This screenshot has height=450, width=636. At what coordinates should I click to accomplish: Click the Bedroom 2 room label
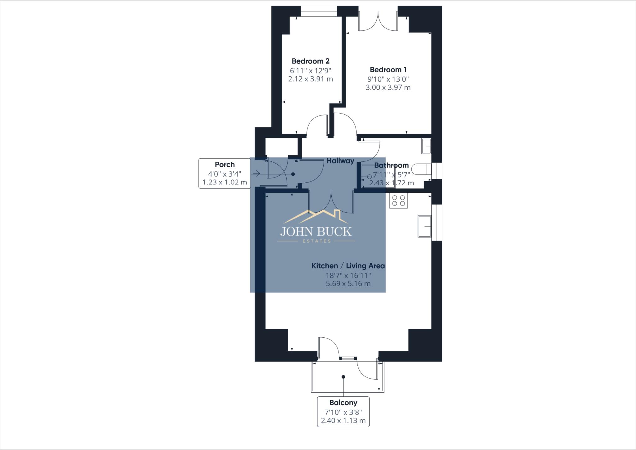[310, 61]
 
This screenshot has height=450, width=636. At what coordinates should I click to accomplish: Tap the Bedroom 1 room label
[388, 70]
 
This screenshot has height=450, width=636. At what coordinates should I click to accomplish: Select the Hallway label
[340, 161]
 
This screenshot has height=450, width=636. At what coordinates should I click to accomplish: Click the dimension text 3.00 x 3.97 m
[388, 88]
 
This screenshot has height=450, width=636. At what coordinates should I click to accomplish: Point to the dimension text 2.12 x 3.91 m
[310, 79]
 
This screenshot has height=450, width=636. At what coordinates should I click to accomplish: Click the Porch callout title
[225, 164]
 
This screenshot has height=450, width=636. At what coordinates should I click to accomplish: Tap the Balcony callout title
[343, 403]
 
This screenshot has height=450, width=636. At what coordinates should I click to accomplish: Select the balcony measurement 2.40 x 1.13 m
[343, 421]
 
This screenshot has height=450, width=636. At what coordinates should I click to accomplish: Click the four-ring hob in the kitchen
[398, 200]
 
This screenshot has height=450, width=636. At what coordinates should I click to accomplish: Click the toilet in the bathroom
[421, 169]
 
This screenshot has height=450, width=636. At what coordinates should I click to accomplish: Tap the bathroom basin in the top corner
[426, 146]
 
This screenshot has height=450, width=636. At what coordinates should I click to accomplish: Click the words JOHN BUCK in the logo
[316, 232]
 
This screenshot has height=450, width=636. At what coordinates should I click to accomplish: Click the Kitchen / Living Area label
[348, 266]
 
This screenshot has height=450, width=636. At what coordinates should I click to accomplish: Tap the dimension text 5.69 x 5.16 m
[348, 284]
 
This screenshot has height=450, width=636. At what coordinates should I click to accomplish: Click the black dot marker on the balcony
[343, 377]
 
